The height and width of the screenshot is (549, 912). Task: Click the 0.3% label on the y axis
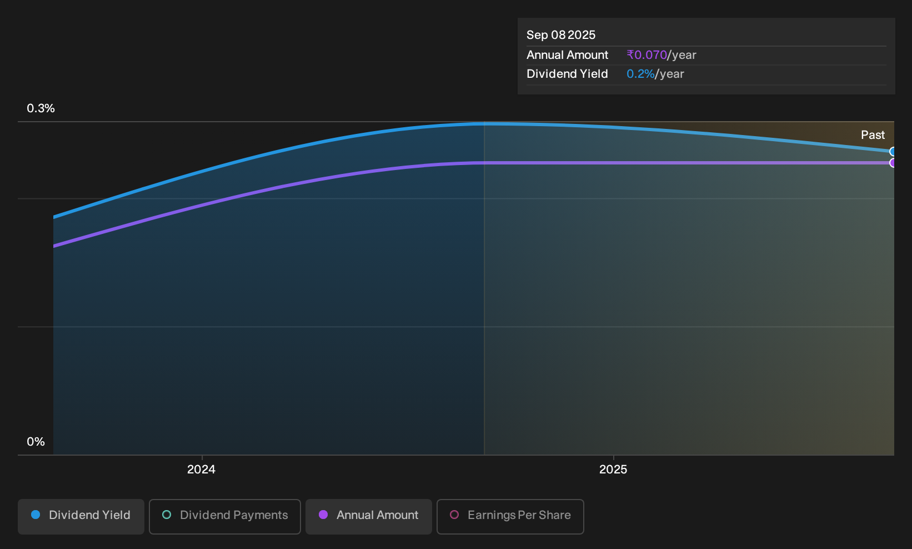[41, 108]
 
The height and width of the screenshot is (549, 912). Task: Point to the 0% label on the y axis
[36, 442]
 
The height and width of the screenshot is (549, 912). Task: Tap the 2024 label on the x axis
[201, 470]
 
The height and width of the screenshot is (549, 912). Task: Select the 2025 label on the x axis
[613, 470]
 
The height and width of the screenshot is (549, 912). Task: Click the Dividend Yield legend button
[81, 516]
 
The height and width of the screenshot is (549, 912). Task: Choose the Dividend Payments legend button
[225, 516]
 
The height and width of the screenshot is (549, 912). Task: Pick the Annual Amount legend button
[368, 516]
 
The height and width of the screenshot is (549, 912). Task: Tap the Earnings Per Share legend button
[510, 516]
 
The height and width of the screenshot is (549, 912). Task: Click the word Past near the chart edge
[873, 135]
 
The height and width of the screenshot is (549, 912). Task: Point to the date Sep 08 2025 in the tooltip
[561, 35]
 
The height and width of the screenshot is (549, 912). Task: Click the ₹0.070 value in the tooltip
[647, 54]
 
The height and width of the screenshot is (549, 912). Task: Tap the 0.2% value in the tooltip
[640, 74]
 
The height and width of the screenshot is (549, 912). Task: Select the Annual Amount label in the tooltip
[567, 54]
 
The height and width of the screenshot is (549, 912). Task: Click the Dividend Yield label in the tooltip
[567, 74]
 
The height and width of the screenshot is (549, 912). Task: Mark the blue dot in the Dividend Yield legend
[36, 515]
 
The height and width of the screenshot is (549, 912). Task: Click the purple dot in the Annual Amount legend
[323, 515]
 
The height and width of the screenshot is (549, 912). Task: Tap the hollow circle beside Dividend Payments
[167, 515]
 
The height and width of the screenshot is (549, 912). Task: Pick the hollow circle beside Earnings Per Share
[454, 515]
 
